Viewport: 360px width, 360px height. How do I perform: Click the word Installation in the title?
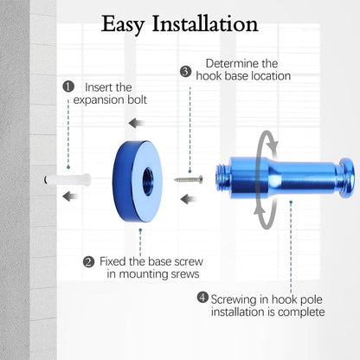[x=205, y=23]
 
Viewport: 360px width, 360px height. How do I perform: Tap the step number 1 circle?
[x=68, y=87]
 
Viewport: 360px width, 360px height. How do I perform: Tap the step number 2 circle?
[x=88, y=262]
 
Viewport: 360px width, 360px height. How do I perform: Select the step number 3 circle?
[x=185, y=71]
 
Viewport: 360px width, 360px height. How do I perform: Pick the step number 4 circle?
[x=202, y=297]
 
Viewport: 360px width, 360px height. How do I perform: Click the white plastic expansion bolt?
[x=67, y=180]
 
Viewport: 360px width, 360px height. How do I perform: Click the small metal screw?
[x=189, y=179]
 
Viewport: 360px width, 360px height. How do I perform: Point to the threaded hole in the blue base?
[x=148, y=182]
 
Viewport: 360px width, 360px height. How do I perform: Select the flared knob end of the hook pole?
[x=346, y=177]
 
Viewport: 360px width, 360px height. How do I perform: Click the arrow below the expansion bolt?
[x=71, y=196]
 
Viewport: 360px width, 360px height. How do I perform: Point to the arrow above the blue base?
[x=137, y=123]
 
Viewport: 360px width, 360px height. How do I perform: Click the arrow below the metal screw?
[x=189, y=199]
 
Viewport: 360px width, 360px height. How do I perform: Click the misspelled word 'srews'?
[x=185, y=273]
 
